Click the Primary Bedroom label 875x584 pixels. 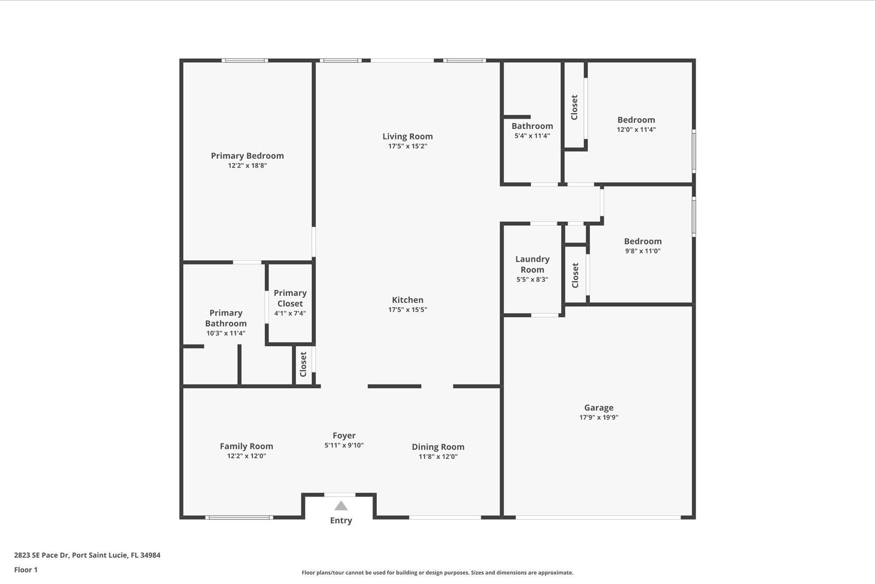(x=247, y=156)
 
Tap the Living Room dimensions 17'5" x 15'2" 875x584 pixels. (x=407, y=147)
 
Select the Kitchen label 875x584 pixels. (x=407, y=300)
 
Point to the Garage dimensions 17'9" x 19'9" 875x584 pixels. (x=599, y=418)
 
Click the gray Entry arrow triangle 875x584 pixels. (x=341, y=506)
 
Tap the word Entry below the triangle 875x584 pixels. (x=341, y=521)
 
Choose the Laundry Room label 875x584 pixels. (x=532, y=264)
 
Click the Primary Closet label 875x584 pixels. (x=290, y=298)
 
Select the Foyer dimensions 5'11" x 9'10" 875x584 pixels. (x=343, y=446)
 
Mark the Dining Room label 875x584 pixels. (x=437, y=447)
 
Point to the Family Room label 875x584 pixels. (x=246, y=446)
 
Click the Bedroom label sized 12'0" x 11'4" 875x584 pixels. (x=636, y=120)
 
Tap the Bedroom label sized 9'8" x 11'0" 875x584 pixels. (x=643, y=241)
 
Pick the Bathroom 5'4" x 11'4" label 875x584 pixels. (x=532, y=126)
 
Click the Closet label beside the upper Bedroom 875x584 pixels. (x=574, y=107)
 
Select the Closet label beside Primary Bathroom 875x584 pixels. (x=303, y=364)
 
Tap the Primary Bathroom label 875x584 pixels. (x=226, y=318)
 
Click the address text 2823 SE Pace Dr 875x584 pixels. (x=87, y=555)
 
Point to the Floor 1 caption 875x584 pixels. (x=26, y=570)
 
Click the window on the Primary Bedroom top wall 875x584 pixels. (x=244, y=60)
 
